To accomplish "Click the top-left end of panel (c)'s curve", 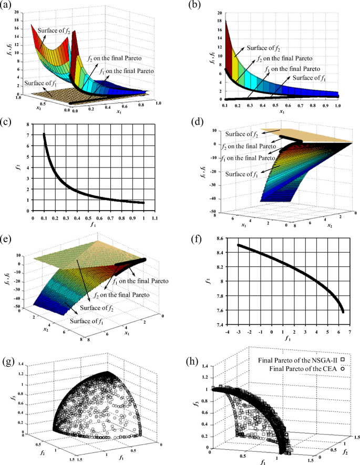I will click(44, 135).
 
